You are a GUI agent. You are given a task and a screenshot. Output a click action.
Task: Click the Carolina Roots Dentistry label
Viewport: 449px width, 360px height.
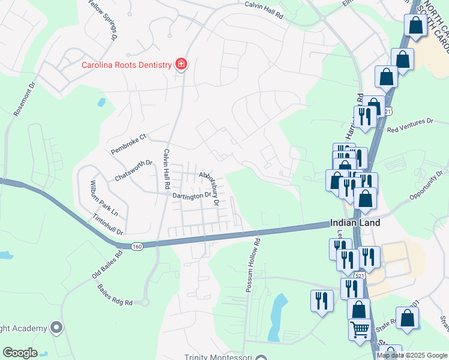pos(127,65)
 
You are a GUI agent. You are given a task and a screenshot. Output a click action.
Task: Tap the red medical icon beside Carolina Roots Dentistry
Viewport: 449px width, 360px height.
pos(180,64)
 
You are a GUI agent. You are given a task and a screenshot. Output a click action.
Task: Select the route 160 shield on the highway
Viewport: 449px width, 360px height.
pos(137,246)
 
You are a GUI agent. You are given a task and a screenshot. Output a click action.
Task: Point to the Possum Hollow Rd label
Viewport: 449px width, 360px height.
pos(252,266)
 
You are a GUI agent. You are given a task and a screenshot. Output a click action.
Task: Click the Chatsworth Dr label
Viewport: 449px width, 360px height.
pos(133,171)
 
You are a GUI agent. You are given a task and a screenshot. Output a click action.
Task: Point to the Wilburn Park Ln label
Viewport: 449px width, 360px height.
pos(104,197)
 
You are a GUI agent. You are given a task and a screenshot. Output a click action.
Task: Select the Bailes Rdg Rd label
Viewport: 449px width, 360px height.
pos(114,295)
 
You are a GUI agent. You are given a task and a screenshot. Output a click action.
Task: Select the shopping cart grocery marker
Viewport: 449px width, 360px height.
pos(360,329)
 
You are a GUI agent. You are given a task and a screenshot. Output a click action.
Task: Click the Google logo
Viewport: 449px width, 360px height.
pos(20,352)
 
